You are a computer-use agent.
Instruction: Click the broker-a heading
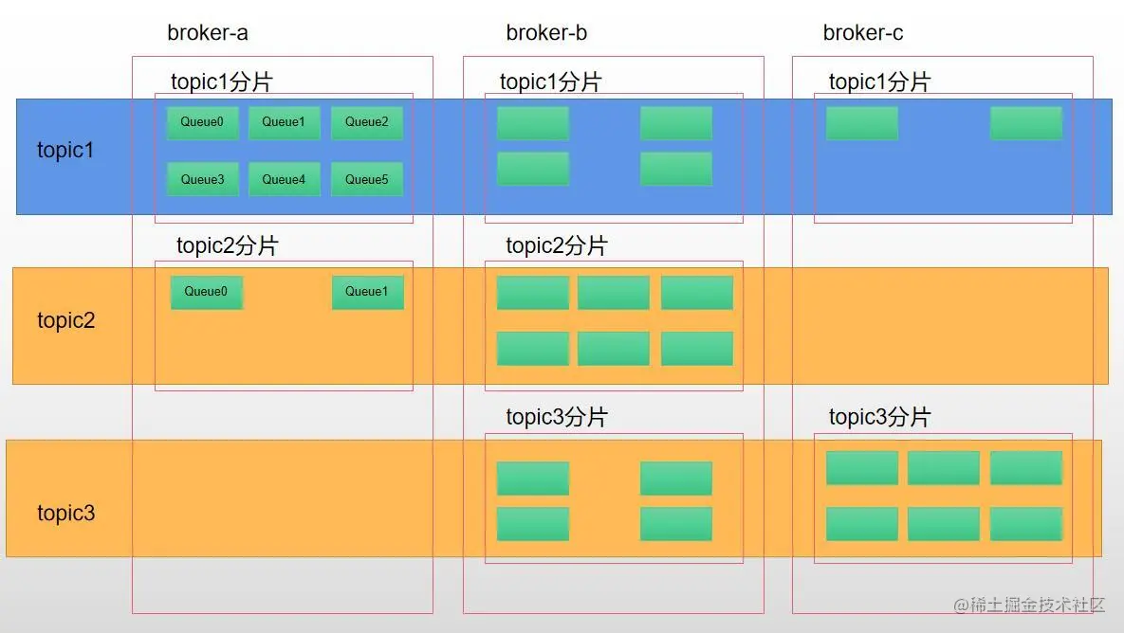pyautogui.click(x=207, y=33)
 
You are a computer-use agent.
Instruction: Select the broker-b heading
pyautogui.click(x=546, y=33)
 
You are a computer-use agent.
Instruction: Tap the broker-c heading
pyautogui.click(x=862, y=33)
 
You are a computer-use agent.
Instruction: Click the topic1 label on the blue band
pyautogui.click(x=65, y=150)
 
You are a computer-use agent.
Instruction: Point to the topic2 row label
pyautogui.click(x=66, y=320)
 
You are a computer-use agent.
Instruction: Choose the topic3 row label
pyautogui.click(x=66, y=513)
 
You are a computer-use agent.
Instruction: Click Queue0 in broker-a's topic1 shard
pyautogui.click(x=202, y=122)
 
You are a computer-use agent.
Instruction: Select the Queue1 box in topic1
pyautogui.click(x=284, y=122)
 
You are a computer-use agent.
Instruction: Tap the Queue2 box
pyautogui.click(x=366, y=122)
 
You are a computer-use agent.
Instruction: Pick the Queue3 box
pyautogui.click(x=202, y=179)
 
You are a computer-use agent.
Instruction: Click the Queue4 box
pyautogui.click(x=284, y=179)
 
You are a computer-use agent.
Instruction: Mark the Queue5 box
pyautogui.click(x=366, y=179)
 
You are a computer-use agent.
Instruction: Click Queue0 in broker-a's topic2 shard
pyautogui.click(x=207, y=292)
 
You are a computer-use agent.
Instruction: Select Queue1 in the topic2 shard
pyautogui.click(x=367, y=292)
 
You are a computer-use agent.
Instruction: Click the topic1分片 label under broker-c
pyautogui.click(x=879, y=81)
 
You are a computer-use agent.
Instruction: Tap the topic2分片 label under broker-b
pyautogui.click(x=557, y=245)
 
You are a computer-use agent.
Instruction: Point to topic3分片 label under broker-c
pyautogui.click(x=879, y=417)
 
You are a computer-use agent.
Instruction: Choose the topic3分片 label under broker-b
pyautogui.click(x=557, y=417)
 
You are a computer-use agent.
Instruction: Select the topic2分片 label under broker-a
pyautogui.click(x=228, y=245)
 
